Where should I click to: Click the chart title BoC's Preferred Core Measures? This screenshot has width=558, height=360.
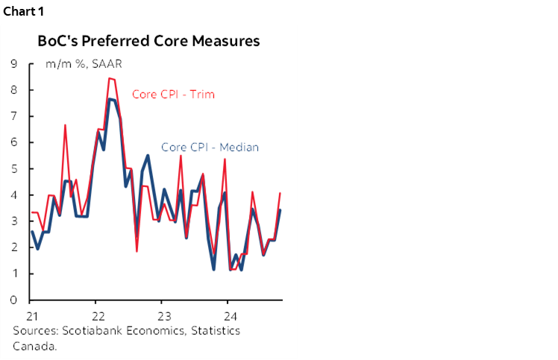pos(149,41)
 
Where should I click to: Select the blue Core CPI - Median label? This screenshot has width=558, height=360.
pos(210,147)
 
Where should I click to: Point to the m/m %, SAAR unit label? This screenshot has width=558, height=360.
pos(84,64)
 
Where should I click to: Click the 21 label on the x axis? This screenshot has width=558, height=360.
pos(32,315)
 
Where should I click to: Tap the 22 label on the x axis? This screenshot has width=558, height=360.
pos(98,315)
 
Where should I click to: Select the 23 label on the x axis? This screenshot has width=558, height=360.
pos(165,315)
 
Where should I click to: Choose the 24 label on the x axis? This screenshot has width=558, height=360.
pos(231,315)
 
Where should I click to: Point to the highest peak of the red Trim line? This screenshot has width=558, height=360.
pos(110,78)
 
